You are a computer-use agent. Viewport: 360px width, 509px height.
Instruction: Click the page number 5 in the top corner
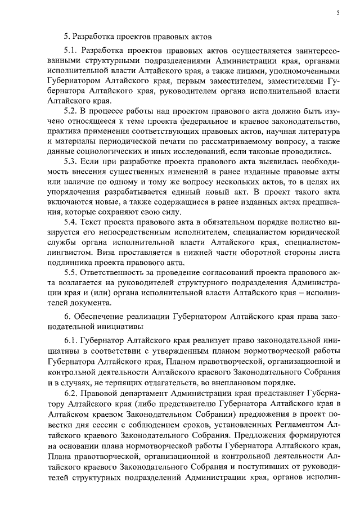tap(338, 11)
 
